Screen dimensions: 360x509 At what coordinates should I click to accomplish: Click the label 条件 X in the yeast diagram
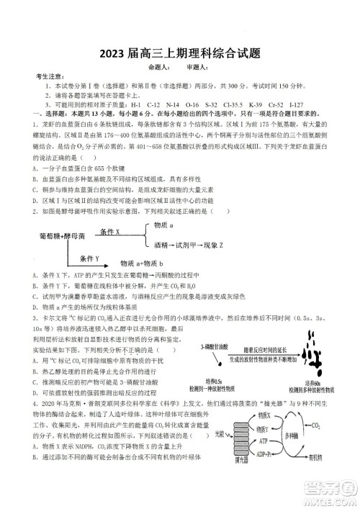point(110,232)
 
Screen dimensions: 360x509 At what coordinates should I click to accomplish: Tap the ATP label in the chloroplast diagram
point(264,440)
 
